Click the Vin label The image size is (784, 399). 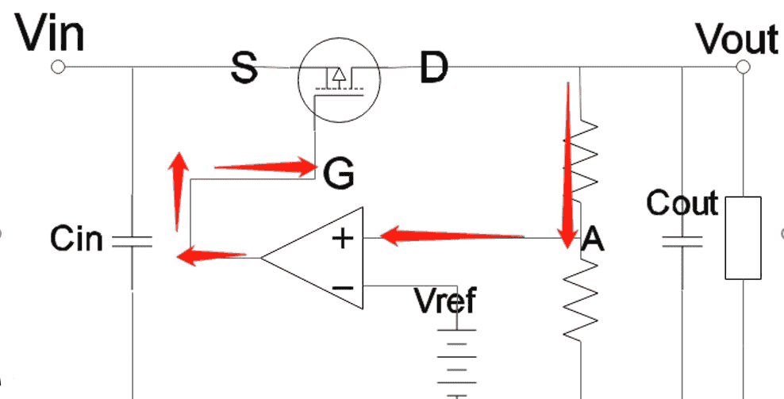50,33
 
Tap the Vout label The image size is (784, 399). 736,37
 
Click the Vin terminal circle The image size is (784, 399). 57,68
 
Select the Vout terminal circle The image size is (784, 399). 742,68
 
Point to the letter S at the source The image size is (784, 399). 244,68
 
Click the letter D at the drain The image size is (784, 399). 433,68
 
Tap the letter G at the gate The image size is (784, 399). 339,173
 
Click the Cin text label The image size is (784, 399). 76,238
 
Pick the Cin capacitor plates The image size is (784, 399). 132,241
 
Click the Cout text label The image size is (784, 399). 682,204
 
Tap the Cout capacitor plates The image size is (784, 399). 682,241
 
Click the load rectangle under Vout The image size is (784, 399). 743,237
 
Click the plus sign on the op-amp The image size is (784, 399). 343,238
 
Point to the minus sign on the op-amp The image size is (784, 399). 343,286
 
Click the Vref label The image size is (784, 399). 446,301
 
